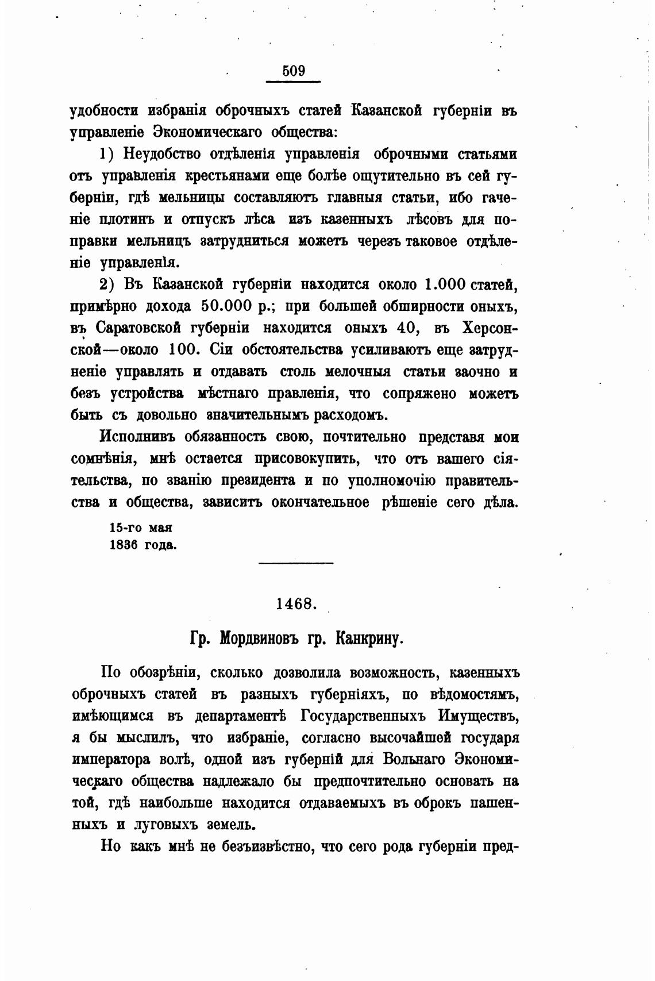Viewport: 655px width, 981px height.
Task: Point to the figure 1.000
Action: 446,284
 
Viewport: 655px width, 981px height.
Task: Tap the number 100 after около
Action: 184,349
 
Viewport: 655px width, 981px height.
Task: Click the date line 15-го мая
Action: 141,528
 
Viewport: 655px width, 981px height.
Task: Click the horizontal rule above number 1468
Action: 296,562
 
